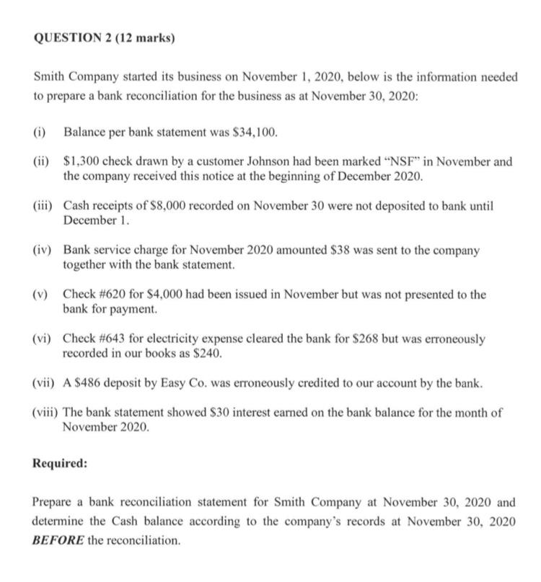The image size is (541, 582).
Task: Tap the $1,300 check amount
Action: point(81,162)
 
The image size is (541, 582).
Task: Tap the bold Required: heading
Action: point(60,463)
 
